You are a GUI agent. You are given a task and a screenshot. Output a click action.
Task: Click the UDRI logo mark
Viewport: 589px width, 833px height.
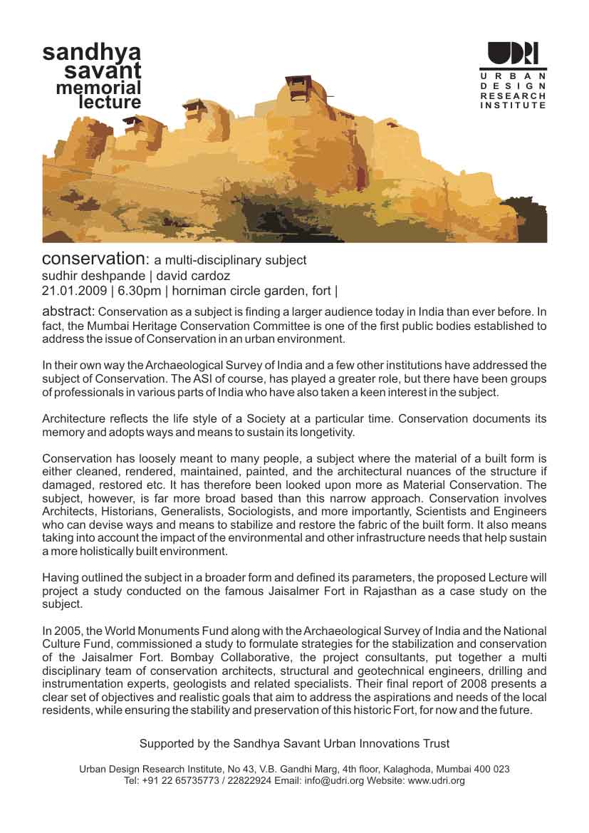click(513, 54)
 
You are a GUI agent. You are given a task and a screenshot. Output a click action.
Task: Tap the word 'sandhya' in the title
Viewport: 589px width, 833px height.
click(92, 52)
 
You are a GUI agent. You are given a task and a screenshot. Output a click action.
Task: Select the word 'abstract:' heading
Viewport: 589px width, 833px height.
click(68, 311)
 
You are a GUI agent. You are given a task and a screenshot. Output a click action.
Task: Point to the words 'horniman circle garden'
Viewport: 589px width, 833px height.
click(231, 291)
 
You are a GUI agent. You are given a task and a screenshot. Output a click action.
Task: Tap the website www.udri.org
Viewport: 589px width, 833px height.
click(437, 781)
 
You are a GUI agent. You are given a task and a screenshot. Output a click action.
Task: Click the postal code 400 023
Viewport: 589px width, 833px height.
click(491, 770)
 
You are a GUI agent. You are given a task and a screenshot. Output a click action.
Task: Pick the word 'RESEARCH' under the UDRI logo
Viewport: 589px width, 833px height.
click(513, 95)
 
